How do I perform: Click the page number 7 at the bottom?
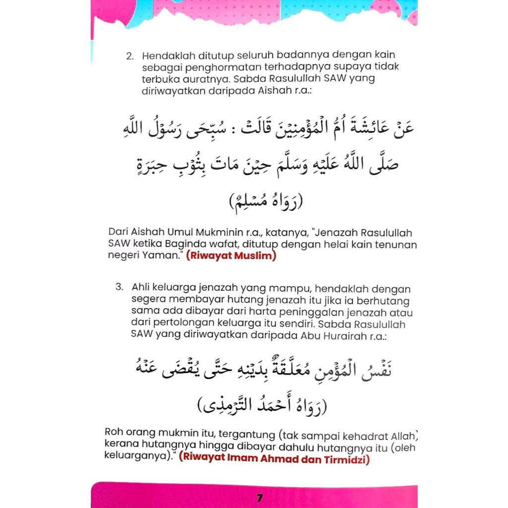pos(259,498)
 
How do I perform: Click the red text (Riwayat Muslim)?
pos(231,256)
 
